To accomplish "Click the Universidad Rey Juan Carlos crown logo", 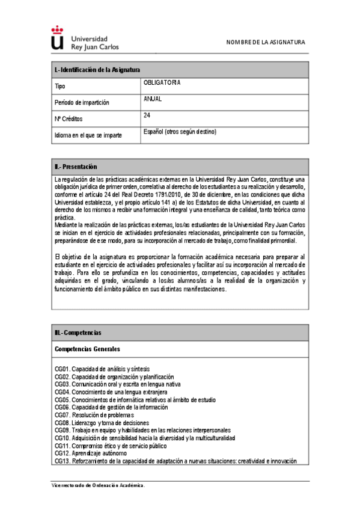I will point(57,38).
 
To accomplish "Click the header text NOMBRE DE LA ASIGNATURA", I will point(265,42).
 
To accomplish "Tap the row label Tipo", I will point(59,87).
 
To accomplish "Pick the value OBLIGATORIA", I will point(162,83).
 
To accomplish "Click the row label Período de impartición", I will point(82,103).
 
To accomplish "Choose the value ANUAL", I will point(153,99).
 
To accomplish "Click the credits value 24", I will point(147,115).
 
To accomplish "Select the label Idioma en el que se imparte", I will point(88,135).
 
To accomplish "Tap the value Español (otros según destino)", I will point(180,131).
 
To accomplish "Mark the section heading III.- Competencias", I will point(78,333).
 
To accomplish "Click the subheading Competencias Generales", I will point(87,349).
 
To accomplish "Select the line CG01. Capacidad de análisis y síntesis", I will point(102,369).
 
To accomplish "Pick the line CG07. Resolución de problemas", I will point(94,415).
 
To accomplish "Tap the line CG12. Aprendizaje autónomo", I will point(91,453).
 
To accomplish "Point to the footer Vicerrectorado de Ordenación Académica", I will point(97,485).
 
